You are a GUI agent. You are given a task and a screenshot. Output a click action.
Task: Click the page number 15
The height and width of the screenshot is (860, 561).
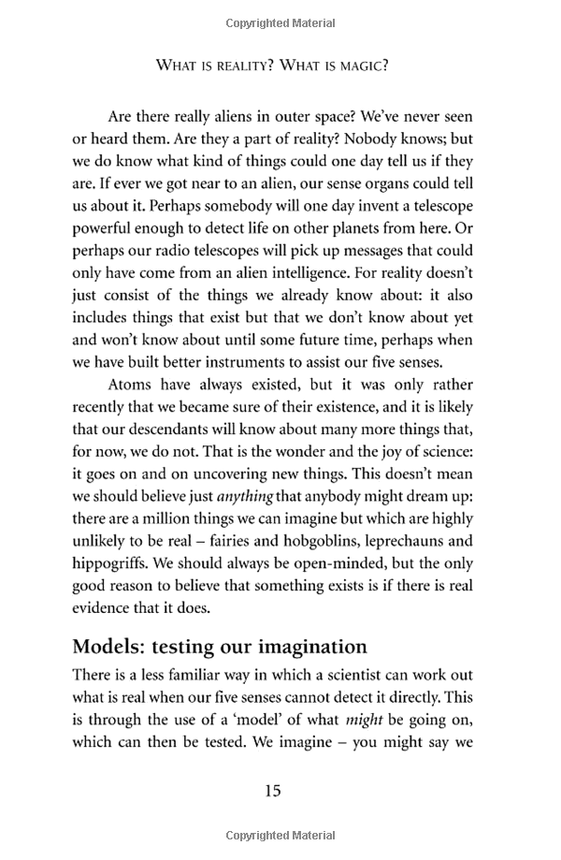272,791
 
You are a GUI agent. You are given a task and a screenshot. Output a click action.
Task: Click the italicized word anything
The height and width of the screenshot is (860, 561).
245,496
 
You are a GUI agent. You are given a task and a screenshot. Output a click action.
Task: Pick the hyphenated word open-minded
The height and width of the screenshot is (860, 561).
365,563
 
